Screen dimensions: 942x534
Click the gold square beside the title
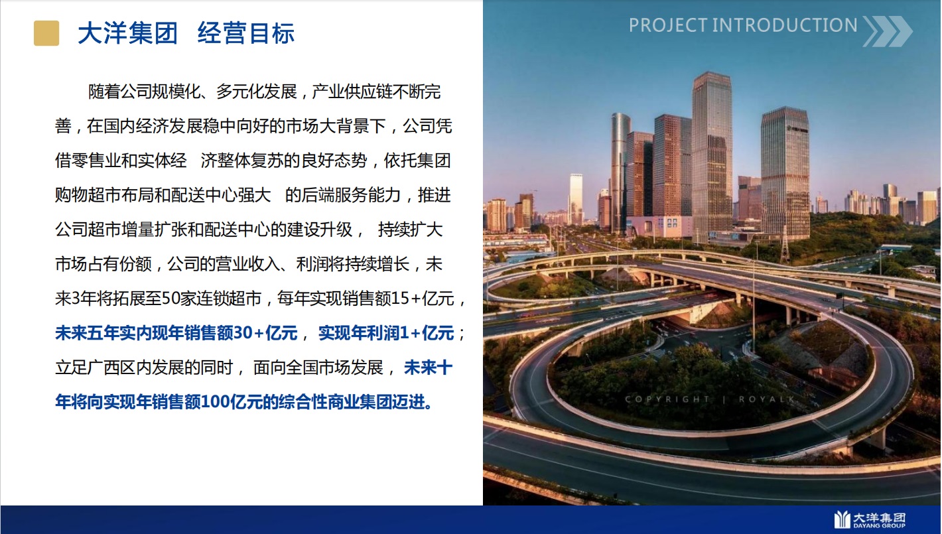point(46,33)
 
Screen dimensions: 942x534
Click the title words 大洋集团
point(128,33)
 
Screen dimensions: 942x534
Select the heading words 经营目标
point(246,33)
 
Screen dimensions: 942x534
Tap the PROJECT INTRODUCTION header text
point(743,25)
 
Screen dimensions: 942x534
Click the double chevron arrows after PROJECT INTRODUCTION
point(888,31)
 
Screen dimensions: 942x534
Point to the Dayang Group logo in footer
point(870,519)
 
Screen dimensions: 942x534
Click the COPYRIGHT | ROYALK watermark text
point(710,399)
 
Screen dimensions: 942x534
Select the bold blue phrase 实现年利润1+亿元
point(386,333)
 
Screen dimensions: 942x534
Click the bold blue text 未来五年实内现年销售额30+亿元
point(176,333)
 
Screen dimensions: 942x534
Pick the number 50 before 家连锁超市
point(171,299)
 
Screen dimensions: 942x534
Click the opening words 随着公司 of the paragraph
point(120,92)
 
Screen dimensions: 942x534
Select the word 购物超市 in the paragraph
point(88,195)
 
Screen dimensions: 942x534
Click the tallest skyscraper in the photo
point(712,156)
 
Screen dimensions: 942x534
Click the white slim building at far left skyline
point(576,198)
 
